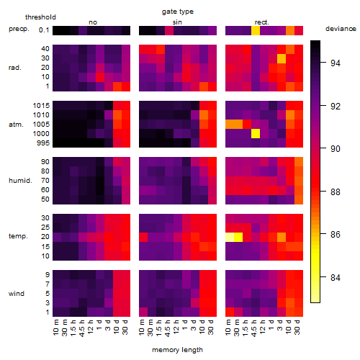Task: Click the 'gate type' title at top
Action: coord(178,12)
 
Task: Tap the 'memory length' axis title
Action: coord(177,350)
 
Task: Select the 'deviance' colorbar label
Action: coord(341,29)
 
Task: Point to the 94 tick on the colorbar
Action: coord(336,63)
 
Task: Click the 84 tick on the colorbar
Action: coord(336,277)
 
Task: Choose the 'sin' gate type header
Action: coord(177,22)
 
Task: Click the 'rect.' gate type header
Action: coord(262,22)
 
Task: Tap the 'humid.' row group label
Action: coord(20,181)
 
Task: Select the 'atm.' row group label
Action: coord(16,125)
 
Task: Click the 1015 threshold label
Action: coord(41,106)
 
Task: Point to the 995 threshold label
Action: coord(43,143)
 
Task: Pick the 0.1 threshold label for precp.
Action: coord(44,30)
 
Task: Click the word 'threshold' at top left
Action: coord(40,17)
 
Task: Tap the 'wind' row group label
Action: coord(17,294)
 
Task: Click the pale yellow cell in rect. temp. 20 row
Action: coord(230,237)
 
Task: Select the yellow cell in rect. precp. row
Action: coord(256,30)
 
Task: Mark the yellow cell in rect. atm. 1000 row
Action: coord(256,134)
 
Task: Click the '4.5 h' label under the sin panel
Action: coord(168,328)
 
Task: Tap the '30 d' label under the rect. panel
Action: coord(297,327)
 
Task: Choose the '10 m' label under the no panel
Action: coord(56,328)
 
